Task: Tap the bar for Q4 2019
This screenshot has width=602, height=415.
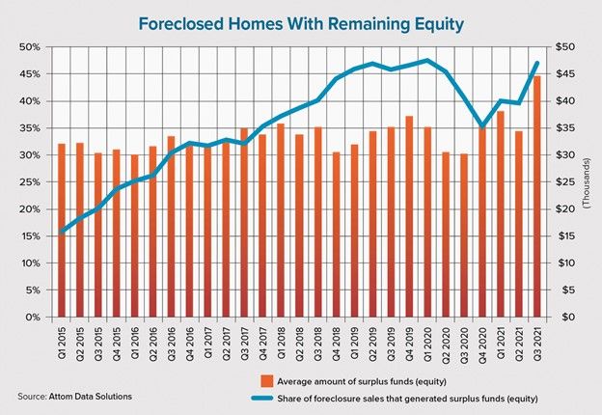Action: pos(409,216)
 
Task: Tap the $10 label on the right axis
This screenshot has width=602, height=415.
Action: pos(565,263)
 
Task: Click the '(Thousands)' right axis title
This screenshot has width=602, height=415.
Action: pos(588,182)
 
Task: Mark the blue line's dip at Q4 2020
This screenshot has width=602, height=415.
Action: pos(482,125)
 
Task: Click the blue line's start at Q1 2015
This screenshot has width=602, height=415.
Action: pos(62,232)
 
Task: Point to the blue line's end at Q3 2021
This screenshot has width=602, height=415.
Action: pos(537,63)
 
